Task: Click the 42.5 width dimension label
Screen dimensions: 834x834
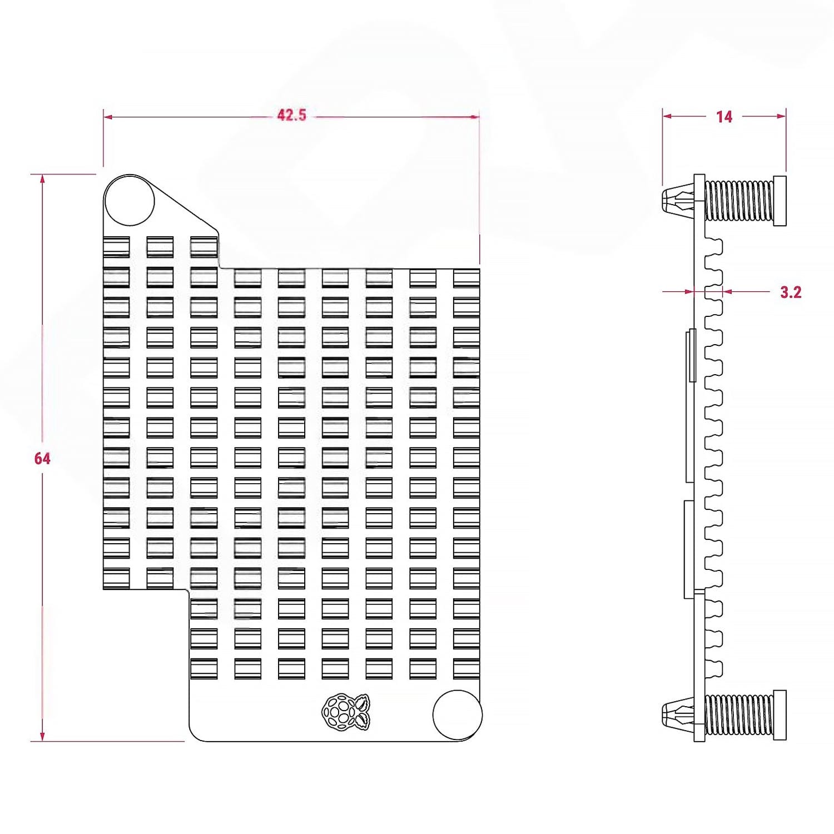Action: pyautogui.click(x=291, y=115)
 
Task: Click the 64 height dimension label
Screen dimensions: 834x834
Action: pyautogui.click(x=42, y=459)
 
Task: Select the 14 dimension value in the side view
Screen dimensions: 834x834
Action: pyautogui.click(x=724, y=117)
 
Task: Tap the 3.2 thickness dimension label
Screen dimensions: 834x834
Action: pyautogui.click(x=791, y=292)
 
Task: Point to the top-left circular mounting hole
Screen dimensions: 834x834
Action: pyautogui.click(x=130, y=201)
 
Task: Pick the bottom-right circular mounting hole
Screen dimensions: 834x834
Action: pyautogui.click(x=457, y=715)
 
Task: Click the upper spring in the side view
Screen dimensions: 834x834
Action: pyautogui.click(x=739, y=200)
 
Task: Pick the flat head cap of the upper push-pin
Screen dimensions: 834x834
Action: pyautogui.click(x=780, y=200)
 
